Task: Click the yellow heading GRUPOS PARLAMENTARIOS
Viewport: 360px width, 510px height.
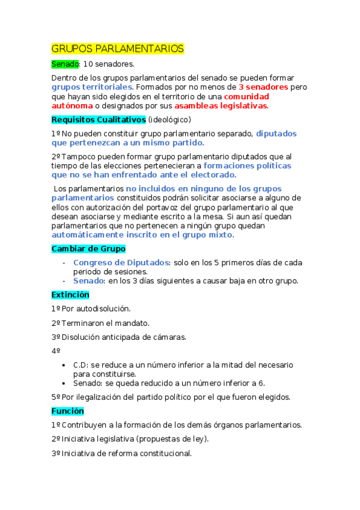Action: (x=117, y=49)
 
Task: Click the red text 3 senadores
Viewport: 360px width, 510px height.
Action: (x=263, y=87)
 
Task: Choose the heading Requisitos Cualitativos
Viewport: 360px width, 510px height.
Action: (x=99, y=119)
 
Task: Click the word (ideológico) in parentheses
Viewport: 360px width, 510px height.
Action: (x=169, y=119)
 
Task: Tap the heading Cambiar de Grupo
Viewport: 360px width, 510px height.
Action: (x=88, y=248)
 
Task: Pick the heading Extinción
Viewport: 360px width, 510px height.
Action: (x=70, y=295)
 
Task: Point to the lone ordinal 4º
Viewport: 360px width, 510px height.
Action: (x=56, y=351)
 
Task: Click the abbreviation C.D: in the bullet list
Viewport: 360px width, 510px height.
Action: (x=81, y=365)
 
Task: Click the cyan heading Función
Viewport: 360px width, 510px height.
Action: (x=68, y=411)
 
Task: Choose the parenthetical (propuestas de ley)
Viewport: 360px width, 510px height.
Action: (x=170, y=439)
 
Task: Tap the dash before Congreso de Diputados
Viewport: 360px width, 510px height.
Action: (x=64, y=263)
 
